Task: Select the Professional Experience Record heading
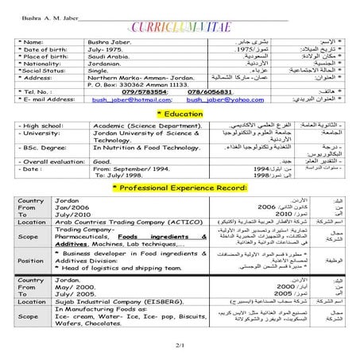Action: [x=180, y=187]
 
